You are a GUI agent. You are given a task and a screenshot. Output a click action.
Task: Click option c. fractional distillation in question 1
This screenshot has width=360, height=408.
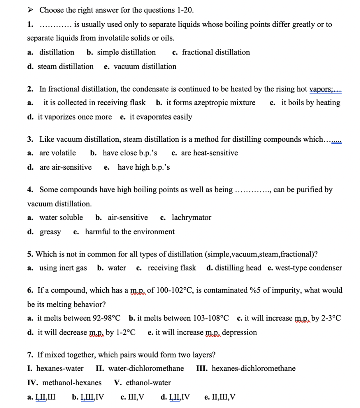pos(211,52)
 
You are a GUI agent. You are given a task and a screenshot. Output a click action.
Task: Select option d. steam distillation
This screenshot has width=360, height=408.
pos(61,67)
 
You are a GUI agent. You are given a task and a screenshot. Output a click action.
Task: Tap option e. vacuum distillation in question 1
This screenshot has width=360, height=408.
pos(140,67)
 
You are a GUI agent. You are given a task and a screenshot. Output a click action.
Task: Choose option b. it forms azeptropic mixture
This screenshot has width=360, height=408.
pos(206,103)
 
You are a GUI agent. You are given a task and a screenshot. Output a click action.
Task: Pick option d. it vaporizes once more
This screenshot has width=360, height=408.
pos(70,117)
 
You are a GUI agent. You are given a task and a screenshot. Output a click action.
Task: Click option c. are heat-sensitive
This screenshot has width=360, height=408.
pos(205,153)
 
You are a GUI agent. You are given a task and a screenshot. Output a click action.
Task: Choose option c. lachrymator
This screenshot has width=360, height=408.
pos(186,218)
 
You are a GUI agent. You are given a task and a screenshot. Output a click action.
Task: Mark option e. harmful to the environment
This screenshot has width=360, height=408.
pos(124,232)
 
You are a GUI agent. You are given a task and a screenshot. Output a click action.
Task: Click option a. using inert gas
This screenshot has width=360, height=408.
pos(57,268)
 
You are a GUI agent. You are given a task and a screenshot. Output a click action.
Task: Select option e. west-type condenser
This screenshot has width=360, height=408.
pos(305,268)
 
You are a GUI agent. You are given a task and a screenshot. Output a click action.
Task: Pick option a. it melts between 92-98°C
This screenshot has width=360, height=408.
pos(74,318)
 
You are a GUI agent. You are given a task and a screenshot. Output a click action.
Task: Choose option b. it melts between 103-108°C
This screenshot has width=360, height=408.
pos(179,318)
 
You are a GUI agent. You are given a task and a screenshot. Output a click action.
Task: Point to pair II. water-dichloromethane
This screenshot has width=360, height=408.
pos(140,369)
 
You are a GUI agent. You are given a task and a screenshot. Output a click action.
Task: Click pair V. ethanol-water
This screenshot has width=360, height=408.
pos(143,383)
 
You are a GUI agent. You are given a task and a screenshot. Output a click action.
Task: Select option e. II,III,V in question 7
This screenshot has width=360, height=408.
pos(220,397)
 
